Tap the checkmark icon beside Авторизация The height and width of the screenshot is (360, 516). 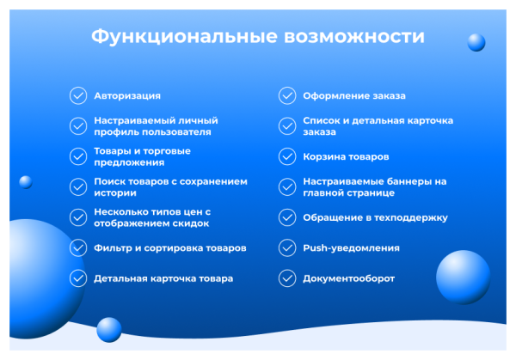pos(77,95)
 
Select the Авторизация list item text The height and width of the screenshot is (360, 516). pos(127,95)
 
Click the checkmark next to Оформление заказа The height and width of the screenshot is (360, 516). pos(286,95)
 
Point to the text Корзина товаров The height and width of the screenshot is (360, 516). pos(346,157)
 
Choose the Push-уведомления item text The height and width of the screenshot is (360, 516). pos(351,248)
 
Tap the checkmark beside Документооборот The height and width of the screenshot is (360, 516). pos(286,278)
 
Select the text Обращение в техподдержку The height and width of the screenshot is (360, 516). pos(375,217)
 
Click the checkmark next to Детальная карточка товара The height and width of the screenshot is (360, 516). pos(77,278)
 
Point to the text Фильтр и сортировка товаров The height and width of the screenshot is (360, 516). pos(170,248)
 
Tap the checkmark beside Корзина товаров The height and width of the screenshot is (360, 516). pos(286,157)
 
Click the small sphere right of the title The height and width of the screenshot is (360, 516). pos(476,42)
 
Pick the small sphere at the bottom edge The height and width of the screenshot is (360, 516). pos(109,329)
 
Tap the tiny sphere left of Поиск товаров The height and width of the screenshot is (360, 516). pos(25,181)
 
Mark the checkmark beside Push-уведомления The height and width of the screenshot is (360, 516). pos(286,248)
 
